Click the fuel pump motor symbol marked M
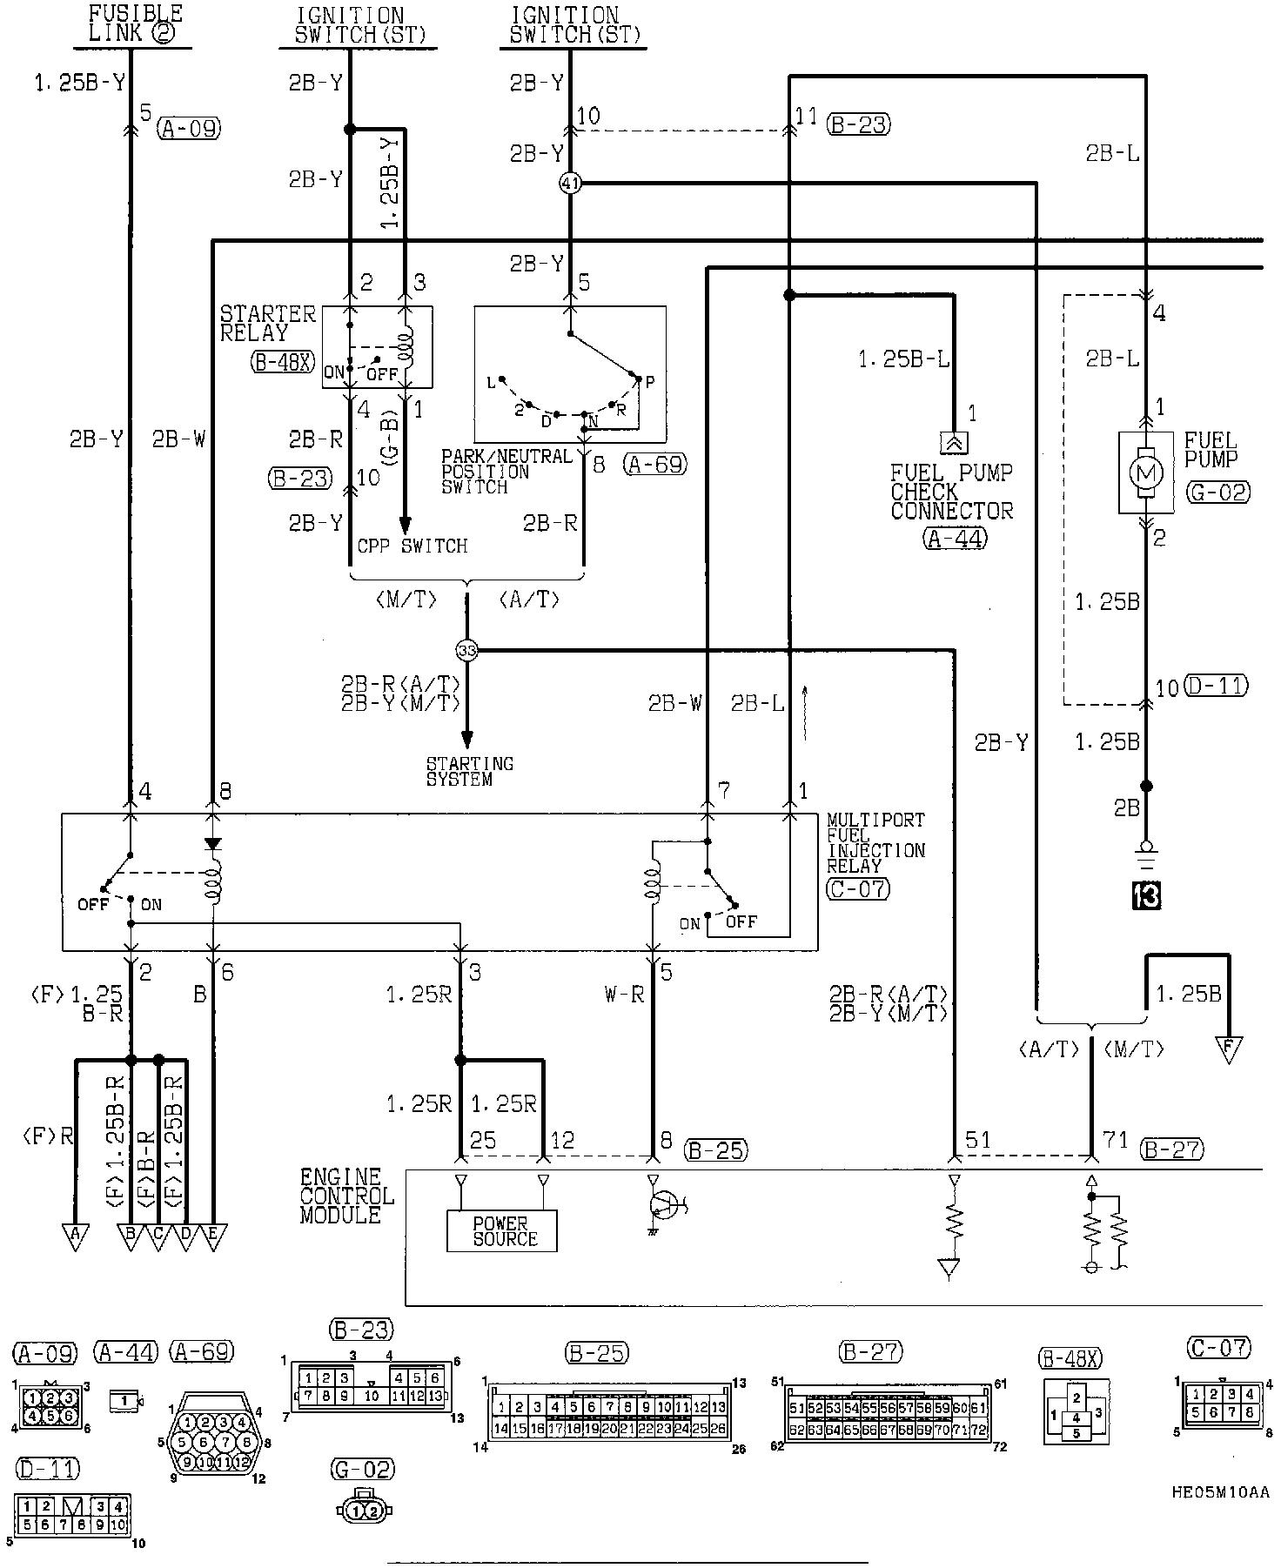coord(1145,472)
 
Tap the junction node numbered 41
coord(570,184)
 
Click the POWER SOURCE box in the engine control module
coord(502,1230)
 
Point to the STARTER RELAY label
coord(267,323)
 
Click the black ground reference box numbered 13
coord(1146,895)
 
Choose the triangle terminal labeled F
coord(1229,1049)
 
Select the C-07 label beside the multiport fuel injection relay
coord(858,888)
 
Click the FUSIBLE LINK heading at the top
coord(137,23)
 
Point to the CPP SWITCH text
coord(412,546)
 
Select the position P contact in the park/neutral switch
coord(639,380)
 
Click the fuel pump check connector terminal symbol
coord(954,442)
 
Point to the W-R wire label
coord(624,994)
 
